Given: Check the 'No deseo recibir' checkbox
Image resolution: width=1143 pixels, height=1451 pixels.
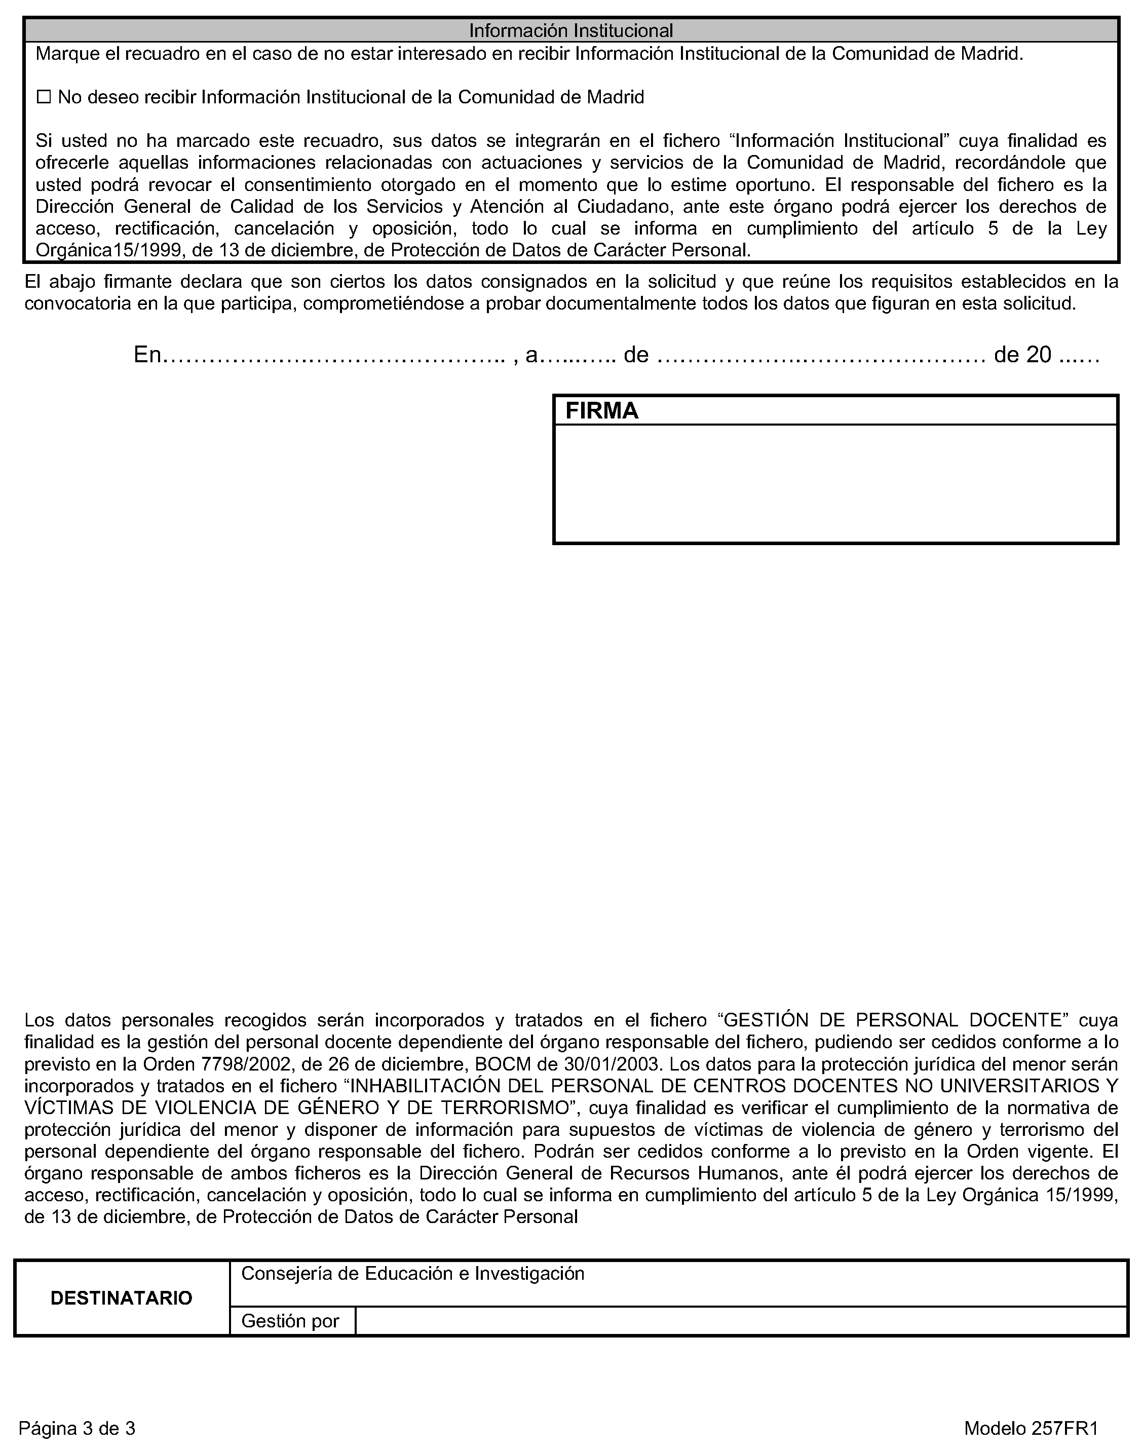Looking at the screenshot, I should click(x=44, y=98).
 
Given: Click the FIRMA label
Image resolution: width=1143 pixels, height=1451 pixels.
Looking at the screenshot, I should click(x=601, y=411).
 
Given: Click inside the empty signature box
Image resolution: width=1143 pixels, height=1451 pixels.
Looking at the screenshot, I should click(x=835, y=483).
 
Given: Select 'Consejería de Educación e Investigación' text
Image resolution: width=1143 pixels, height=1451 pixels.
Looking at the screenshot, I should click(x=413, y=1273).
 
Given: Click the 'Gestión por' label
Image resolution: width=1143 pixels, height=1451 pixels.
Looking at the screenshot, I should click(x=290, y=1321).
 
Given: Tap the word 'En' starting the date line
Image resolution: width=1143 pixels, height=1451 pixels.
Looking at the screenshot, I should click(x=148, y=355).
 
